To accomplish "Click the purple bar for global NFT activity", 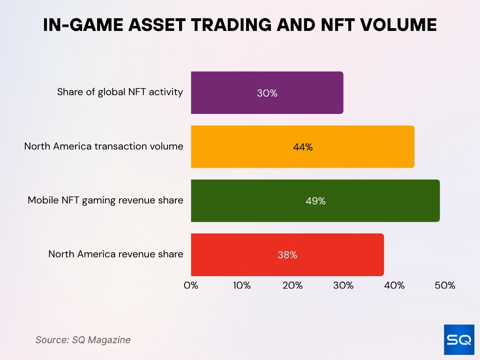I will tap(267, 92).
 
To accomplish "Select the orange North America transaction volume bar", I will tap(302, 147).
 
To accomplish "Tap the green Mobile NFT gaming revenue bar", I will tap(315, 201).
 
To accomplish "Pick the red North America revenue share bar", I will tap(287, 255).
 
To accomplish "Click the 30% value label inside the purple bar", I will tap(267, 93).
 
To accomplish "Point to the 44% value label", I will tap(302, 147).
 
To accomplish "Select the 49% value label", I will tap(315, 201).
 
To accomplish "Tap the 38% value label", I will tap(287, 255).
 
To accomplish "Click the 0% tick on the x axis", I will tap(191, 285).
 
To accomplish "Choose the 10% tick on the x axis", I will tap(241, 285).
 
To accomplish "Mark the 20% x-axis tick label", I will tap(292, 285).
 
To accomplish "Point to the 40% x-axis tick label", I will tap(394, 285).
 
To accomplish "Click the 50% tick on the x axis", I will tap(445, 285).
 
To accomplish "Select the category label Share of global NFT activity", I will tap(120, 92).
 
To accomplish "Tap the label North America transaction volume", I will tap(104, 146).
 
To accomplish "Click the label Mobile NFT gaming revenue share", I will tap(105, 200).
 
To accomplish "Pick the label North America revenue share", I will tap(116, 254).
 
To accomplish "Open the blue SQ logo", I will tap(459, 339).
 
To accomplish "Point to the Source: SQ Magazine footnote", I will tap(83, 340).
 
